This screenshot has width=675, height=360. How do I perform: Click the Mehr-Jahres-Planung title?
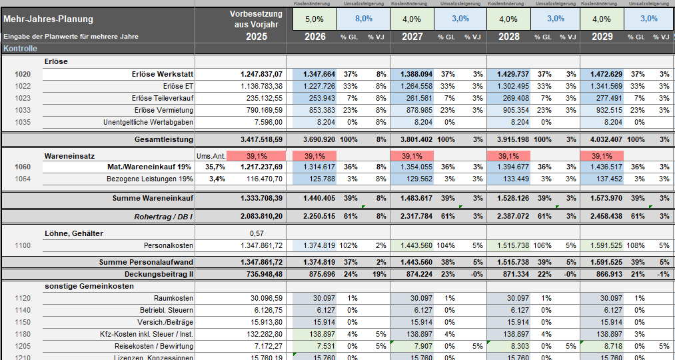click(x=49, y=19)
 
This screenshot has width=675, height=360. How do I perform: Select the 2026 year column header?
click(x=315, y=37)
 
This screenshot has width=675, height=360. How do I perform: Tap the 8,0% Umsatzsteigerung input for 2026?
click(x=363, y=19)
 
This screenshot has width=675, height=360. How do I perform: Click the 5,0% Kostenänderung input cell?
click(x=315, y=19)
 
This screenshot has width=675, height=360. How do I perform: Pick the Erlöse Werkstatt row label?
click(x=163, y=74)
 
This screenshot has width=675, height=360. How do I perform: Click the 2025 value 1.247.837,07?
click(x=261, y=74)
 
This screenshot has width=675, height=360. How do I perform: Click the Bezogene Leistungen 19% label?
click(x=150, y=179)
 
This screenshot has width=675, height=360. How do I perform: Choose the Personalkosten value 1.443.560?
click(x=412, y=246)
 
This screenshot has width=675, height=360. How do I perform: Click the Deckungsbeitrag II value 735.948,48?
click(x=261, y=274)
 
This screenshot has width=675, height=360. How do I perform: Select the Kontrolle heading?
click(x=20, y=49)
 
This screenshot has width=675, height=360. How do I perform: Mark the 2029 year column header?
click(x=602, y=37)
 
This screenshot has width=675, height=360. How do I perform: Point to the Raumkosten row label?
click(x=173, y=298)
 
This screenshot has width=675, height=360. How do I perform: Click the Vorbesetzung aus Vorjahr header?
click(x=257, y=19)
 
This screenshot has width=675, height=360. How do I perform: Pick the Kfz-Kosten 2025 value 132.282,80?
click(x=261, y=334)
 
